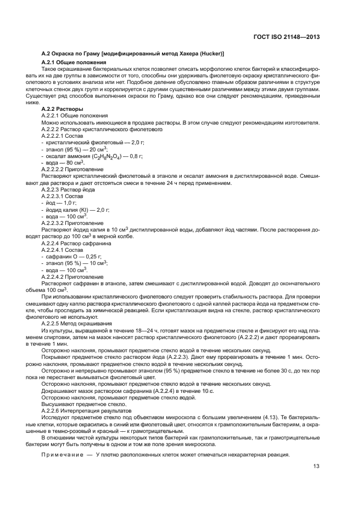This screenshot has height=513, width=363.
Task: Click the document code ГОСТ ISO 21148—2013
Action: pos(292,37)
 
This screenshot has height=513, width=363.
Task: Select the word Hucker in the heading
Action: pos(210,53)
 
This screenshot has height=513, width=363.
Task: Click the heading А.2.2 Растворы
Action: pos(63,109)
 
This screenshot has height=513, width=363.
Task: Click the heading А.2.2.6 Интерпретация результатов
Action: pos(86,410)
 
